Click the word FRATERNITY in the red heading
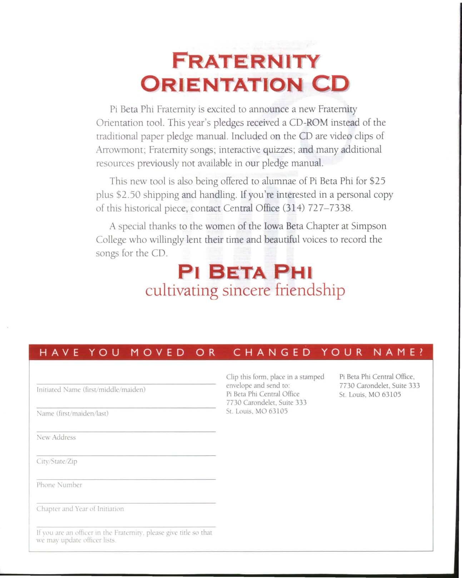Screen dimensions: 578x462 pos(244,61)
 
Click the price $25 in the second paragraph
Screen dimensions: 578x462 pos(377,181)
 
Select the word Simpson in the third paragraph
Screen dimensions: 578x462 pos(369,226)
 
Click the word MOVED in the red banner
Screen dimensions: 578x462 pos(158,353)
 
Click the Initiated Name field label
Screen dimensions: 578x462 pos(91,389)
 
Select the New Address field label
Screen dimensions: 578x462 pos(56,437)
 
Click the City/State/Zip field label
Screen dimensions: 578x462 pos(57,461)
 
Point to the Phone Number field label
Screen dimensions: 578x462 pos(59,485)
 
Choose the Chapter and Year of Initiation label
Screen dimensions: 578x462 pos(80,509)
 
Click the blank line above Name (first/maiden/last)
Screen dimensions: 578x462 pos(126,407)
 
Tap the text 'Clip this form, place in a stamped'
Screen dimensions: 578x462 pos(275,377)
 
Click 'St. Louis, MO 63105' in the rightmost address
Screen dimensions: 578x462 pos(370,394)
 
